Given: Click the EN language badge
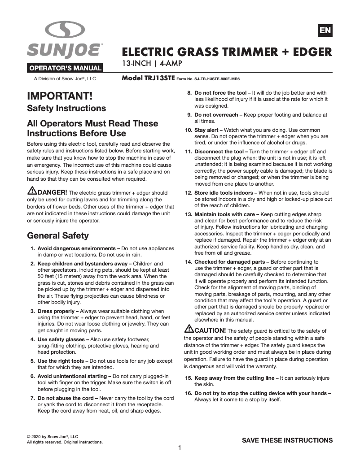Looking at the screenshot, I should point(325,30).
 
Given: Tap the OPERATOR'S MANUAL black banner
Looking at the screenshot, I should point(66,69).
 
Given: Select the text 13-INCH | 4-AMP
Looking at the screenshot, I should point(152,64).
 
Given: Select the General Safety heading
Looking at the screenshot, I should point(58,235).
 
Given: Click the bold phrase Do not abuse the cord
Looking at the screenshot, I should point(67,398).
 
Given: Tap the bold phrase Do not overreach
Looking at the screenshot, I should point(216,115).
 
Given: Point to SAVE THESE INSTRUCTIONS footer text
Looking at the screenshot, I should point(287,440).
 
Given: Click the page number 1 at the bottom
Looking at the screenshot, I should point(180,448).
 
